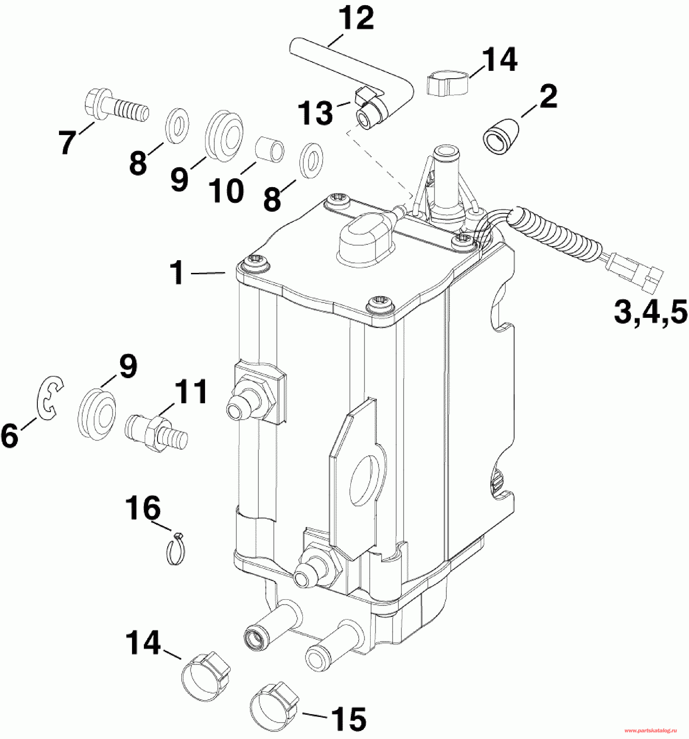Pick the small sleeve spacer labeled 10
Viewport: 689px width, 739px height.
pos(270,150)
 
